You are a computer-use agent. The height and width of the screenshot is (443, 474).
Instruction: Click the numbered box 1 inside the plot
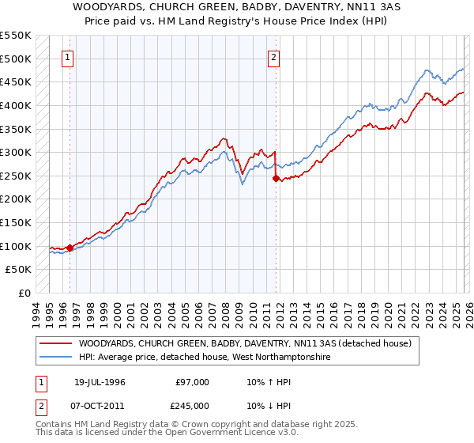(x=69, y=57)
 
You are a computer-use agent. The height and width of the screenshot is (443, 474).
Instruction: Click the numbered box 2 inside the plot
(x=273, y=57)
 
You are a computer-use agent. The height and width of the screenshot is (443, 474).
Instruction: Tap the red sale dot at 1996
(x=70, y=248)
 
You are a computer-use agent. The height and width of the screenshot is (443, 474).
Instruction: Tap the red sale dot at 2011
(x=276, y=179)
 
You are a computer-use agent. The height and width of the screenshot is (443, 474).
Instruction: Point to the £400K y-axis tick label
(x=16, y=105)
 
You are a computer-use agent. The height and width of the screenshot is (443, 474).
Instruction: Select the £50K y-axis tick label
(x=19, y=270)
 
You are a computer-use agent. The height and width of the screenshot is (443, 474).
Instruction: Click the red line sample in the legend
(x=55, y=344)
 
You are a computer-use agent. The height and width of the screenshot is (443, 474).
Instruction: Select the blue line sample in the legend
(x=55, y=358)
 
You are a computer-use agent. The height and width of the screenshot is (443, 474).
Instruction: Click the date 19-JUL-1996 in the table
(x=100, y=382)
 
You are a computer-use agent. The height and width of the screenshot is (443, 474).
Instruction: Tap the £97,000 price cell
(x=193, y=382)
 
